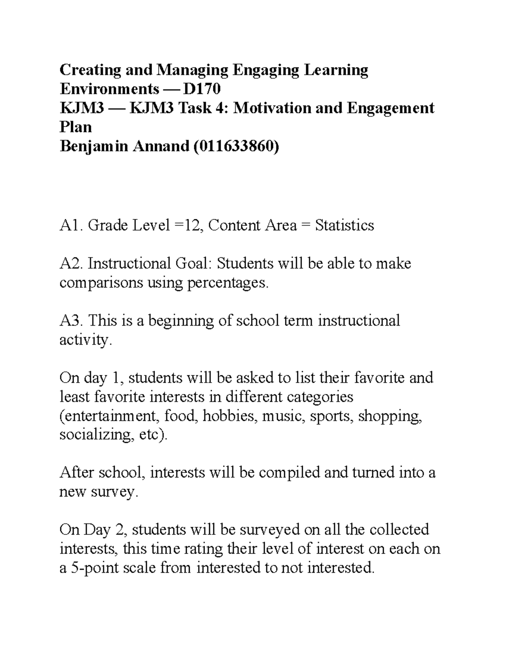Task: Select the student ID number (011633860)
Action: click(x=235, y=146)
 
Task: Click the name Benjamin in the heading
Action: click(x=95, y=146)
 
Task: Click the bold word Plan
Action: click(x=75, y=127)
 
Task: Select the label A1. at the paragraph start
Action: click(x=71, y=226)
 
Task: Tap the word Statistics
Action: click(x=345, y=226)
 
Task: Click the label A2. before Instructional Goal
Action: click(x=72, y=264)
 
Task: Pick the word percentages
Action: click(x=227, y=283)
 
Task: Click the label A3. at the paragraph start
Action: click(x=72, y=321)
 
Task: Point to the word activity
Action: click(x=86, y=340)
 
